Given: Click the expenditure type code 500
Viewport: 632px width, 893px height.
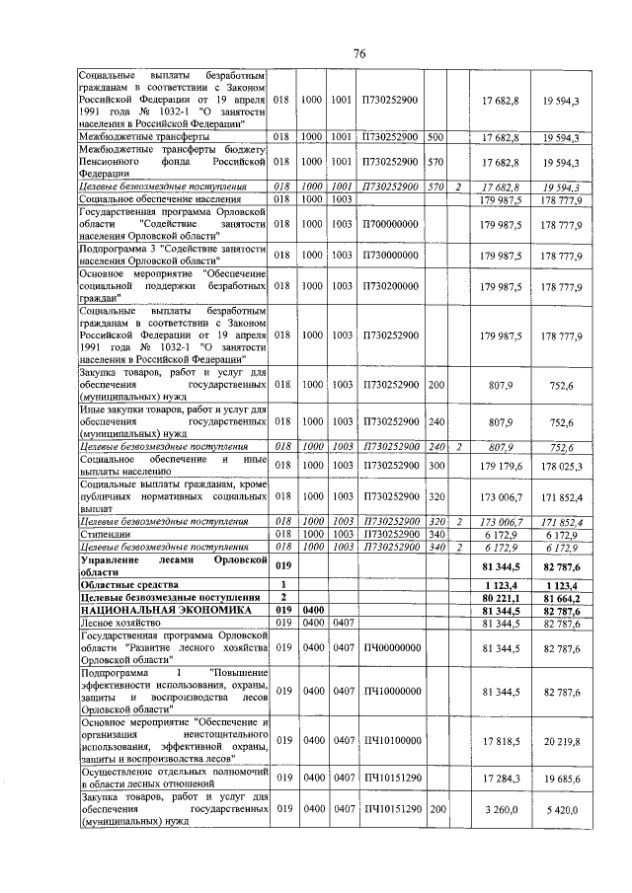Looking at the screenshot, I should (434, 136).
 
